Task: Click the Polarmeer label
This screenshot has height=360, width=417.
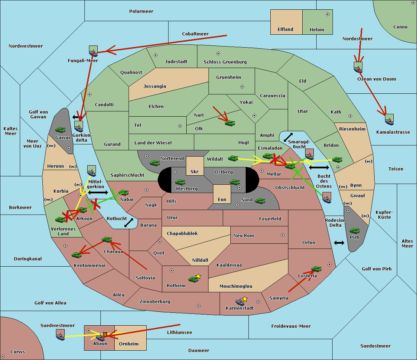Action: pyautogui.click(x=141, y=11)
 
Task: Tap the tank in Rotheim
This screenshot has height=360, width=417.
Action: pyautogui.click(x=193, y=279)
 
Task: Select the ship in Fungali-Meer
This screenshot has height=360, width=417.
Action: pyautogui.click(x=93, y=51)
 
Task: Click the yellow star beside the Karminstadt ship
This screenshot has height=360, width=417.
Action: pyautogui.click(x=245, y=299)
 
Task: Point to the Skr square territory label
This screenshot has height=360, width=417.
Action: pyautogui.click(x=194, y=171)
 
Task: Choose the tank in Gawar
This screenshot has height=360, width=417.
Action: pyautogui.click(x=60, y=129)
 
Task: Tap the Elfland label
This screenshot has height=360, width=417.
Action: pyautogui.click(x=285, y=30)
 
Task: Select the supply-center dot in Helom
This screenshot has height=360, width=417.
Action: pyautogui.click(x=327, y=14)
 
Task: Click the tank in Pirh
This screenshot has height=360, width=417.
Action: pyautogui.click(x=354, y=231)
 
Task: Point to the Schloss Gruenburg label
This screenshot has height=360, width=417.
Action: pyautogui.click(x=225, y=62)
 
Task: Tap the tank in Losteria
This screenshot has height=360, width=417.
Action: pyautogui.click(x=316, y=269)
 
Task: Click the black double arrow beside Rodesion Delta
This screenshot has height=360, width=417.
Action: pyautogui.click(x=339, y=243)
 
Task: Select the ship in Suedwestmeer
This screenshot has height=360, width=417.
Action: pyautogui.click(x=60, y=335)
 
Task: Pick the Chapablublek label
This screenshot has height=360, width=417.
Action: pyautogui.click(x=182, y=234)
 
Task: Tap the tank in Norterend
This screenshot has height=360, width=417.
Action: pyautogui.click(x=155, y=163)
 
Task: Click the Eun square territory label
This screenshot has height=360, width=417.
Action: pyautogui.click(x=222, y=200)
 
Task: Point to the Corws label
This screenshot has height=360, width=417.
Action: pyautogui.click(x=17, y=352)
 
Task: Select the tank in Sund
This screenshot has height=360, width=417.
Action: pyautogui.click(x=260, y=201)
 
